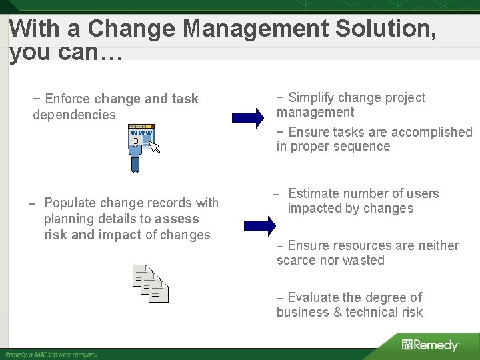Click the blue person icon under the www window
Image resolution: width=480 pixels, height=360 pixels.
136,155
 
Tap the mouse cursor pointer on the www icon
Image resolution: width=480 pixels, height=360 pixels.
155,146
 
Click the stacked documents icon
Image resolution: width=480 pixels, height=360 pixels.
151,283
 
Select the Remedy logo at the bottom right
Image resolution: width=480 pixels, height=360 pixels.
430,345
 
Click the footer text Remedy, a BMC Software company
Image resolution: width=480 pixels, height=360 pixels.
51,354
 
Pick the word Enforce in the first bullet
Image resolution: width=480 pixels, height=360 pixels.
69,99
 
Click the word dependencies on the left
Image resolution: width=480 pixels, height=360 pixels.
74,115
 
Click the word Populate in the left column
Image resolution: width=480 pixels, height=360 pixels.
69,203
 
